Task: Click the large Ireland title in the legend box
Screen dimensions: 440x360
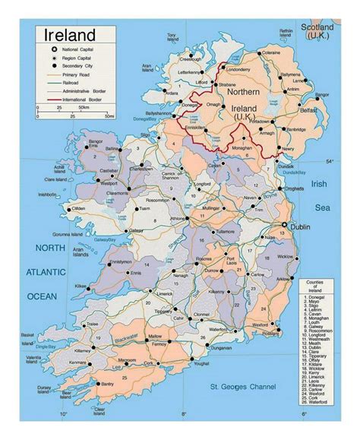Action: (70, 35)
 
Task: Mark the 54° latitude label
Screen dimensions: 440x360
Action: (329, 162)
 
